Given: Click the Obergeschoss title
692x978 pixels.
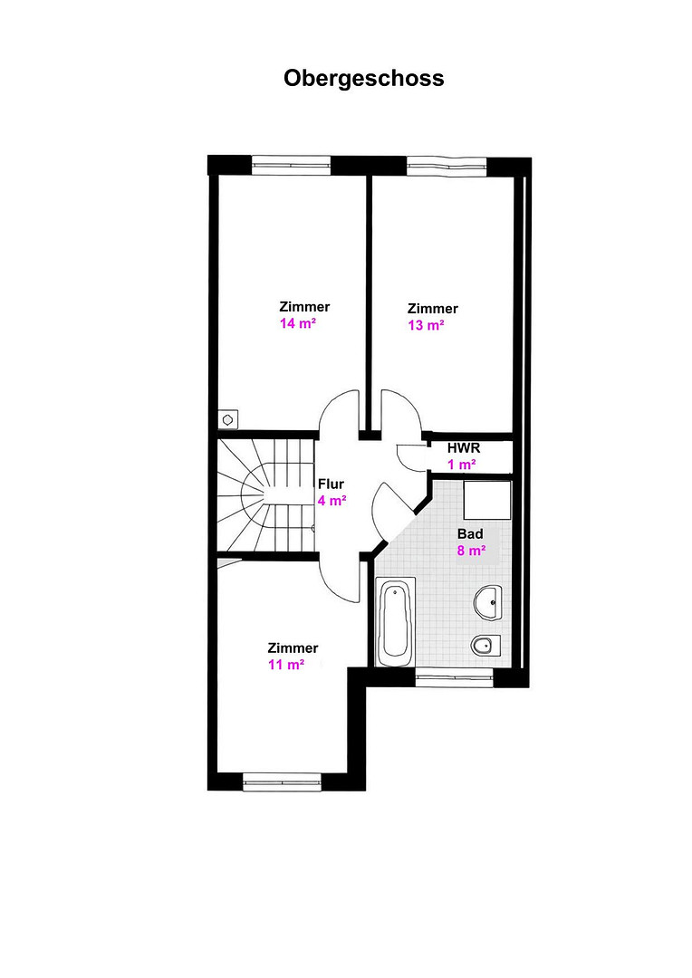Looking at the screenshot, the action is [364, 79].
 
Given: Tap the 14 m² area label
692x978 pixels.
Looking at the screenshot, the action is [298, 323].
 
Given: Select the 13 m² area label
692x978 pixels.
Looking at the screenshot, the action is [427, 326].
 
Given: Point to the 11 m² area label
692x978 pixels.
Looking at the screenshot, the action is [286, 665].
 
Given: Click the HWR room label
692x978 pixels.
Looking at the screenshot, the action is [464, 448].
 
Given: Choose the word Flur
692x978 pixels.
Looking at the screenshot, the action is [331, 484].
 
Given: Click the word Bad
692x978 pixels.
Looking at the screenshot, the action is [470, 534].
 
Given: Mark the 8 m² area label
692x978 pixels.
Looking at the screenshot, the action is [471, 551].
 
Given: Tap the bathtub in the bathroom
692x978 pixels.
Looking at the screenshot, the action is [395, 621].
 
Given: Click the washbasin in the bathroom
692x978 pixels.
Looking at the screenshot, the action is [487, 602].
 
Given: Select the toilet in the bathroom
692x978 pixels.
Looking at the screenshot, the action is [486, 646].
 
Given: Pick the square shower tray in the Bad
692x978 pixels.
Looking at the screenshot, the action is [487, 501].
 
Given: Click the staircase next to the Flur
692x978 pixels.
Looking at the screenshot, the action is [265, 495].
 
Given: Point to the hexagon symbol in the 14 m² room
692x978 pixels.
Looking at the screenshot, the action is [227, 420].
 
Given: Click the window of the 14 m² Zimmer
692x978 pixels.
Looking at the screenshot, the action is [291, 166].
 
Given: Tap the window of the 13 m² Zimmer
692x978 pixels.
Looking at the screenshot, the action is [447, 166].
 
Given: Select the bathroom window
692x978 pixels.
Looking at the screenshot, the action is [455, 677].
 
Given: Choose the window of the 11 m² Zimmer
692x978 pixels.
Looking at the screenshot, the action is [282, 781].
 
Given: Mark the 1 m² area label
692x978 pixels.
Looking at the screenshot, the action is [462, 465].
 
